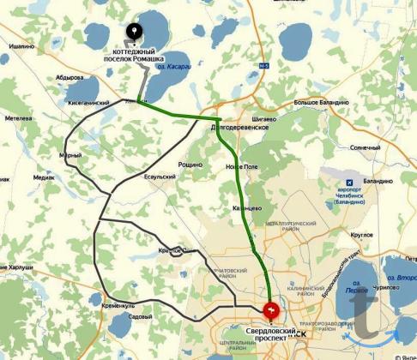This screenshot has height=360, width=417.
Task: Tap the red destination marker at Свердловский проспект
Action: pos(271,309)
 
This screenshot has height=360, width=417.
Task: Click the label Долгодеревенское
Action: pos(239,127)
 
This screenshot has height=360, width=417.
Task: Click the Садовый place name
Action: pos(140,317)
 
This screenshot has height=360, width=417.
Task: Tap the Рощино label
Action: pos(190,164)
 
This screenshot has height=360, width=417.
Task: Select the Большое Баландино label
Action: pos(320,102)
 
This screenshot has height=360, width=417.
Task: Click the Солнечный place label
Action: pos(366,147)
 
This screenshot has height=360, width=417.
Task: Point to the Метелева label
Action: pos(18,119)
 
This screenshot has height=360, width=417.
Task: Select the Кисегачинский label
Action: pos(88,102)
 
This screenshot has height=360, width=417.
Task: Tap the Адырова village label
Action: pos(70,76)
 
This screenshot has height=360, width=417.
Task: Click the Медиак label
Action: pos(44,177)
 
